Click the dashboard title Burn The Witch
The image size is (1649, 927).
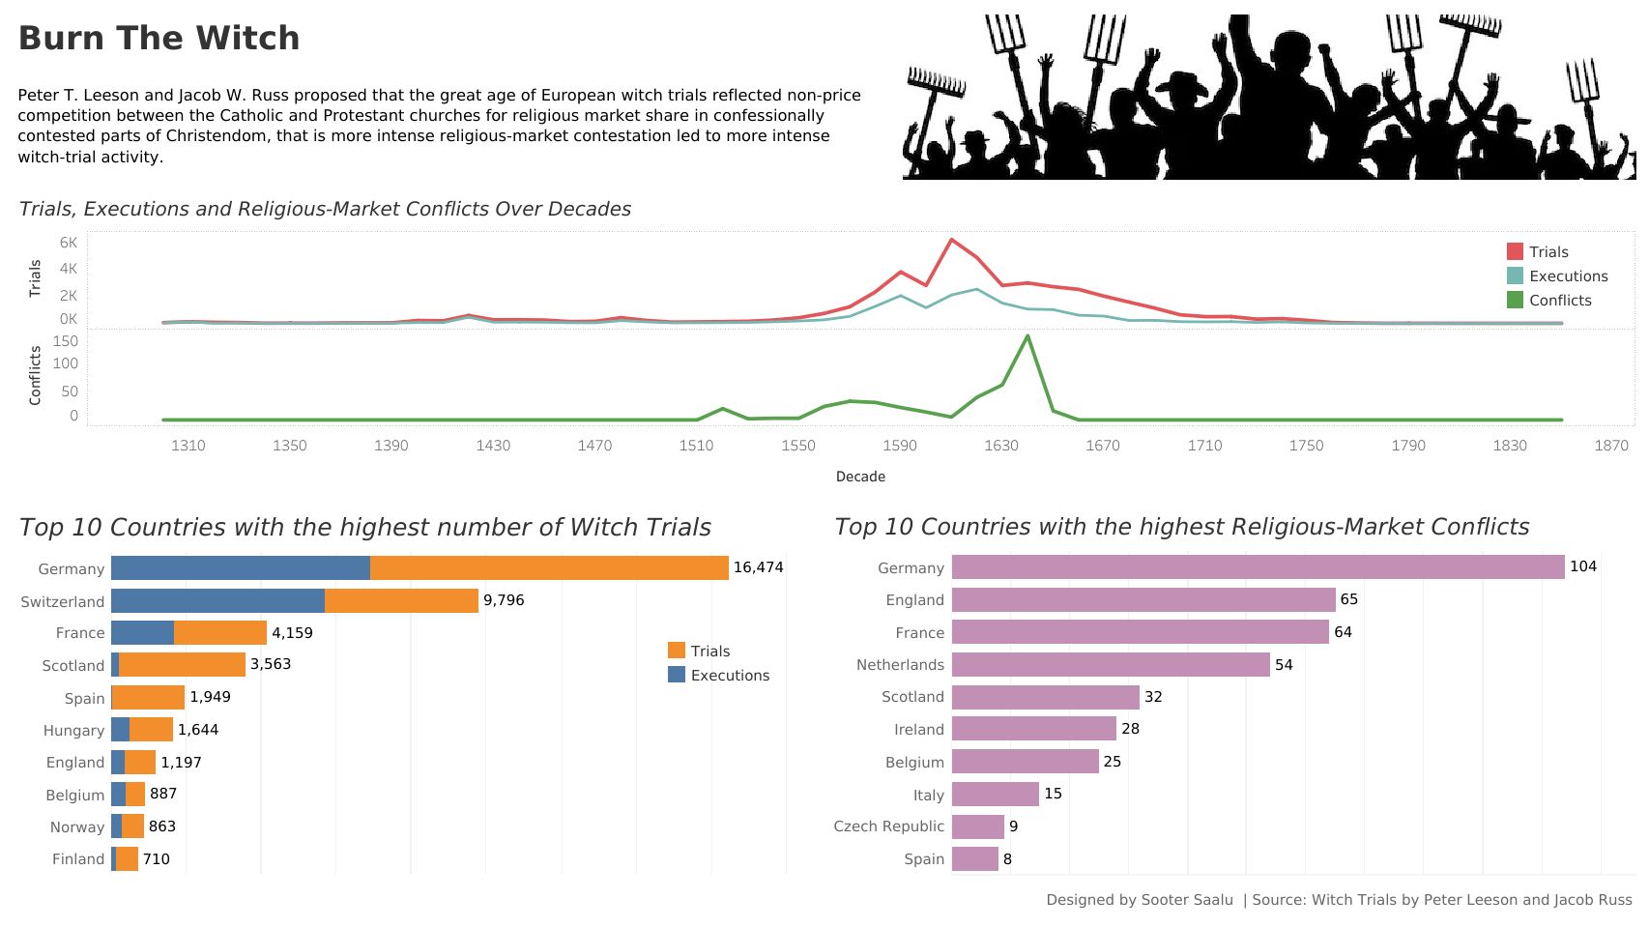pos(159,39)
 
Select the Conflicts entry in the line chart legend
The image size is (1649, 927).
pos(1559,301)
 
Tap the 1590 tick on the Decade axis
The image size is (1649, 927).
pos(899,446)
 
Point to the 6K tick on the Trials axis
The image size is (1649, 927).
pos(68,243)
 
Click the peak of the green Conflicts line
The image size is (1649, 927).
pos(1027,336)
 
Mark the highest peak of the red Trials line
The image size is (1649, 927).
pos(951,240)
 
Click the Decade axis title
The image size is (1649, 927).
pos(860,477)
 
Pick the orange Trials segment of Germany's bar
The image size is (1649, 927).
pos(549,568)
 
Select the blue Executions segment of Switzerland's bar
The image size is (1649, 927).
pos(217,601)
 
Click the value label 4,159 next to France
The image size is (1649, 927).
pos(292,633)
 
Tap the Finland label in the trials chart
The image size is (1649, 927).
pos(78,859)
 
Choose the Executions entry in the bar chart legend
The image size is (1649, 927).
pos(730,676)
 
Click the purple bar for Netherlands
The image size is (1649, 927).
pos(1111,665)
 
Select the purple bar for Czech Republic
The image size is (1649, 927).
pos(978,826)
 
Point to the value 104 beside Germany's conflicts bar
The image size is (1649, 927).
pos(1582,566)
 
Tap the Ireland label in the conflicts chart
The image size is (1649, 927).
pos(918,730)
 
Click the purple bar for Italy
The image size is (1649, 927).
pos(996,795)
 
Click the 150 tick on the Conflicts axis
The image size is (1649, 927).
pos(66,341)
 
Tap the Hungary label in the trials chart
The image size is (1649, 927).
pos(73,731)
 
